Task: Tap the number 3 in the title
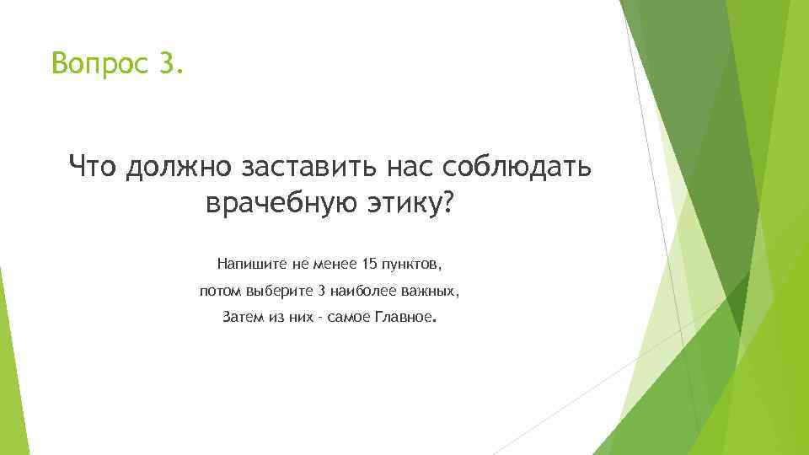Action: point(168,62)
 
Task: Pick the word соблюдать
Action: point(506,166)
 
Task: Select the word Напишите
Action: point(252,264)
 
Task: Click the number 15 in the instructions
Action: point(367,264)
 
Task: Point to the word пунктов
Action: point(411,264)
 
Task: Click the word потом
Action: point(220,292)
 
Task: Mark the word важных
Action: point(433,292)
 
